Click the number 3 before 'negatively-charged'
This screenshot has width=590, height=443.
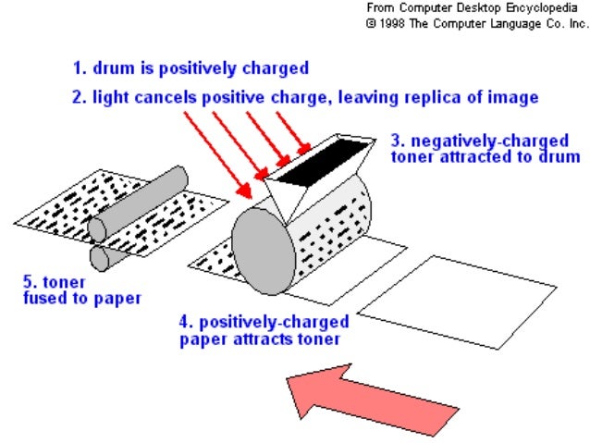click(395, 142)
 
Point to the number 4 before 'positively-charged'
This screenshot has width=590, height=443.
click(184, 323)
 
